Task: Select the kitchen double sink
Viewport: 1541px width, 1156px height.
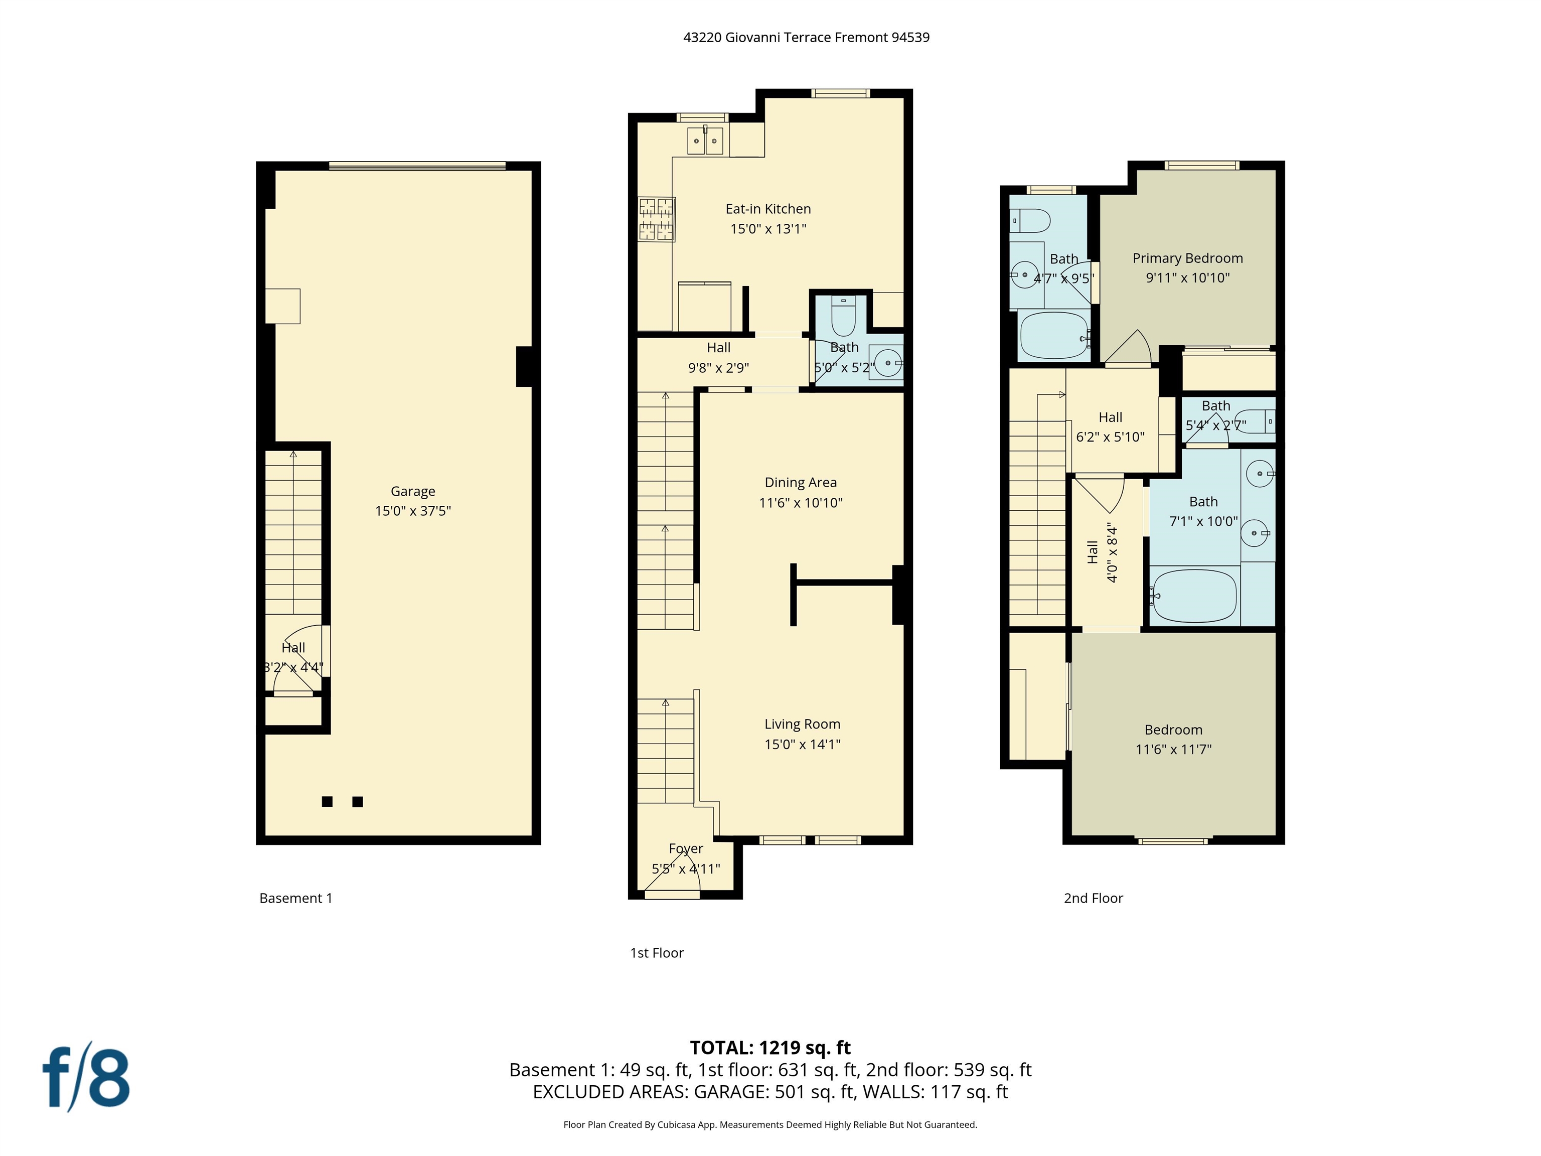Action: coord(705,141)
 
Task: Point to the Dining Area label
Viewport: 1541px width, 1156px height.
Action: coord(801,482)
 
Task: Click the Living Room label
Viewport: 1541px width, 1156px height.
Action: coord(802,724)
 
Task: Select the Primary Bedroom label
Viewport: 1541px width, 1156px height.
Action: coord(1187,258)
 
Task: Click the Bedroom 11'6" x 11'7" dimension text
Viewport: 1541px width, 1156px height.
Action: coord(1173,749)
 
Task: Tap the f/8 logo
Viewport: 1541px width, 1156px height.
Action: coord(86,1077)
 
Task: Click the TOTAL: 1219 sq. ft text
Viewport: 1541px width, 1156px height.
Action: coord(770,1047)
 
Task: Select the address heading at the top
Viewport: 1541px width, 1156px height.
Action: coord(806,38)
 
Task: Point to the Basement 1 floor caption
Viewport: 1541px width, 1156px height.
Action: coord(295,898)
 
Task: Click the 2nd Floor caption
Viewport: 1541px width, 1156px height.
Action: coord(1093,898)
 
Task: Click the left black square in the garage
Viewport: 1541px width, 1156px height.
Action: coord(327,801)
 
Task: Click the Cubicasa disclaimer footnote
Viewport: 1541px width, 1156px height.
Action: coord(770,1124)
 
